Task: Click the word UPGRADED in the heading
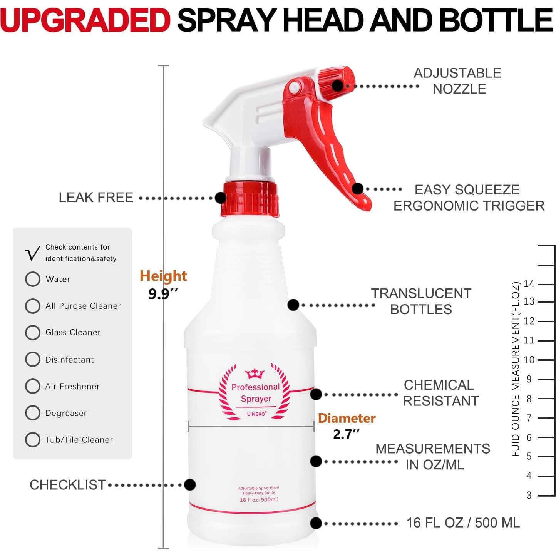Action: [85, 20]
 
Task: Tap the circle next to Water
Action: [33, 279]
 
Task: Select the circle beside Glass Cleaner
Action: [33, 333]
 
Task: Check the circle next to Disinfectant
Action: [33, 359]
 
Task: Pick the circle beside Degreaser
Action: [33, 413]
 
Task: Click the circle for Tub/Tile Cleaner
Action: [33, 440]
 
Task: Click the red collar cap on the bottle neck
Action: [250, 200]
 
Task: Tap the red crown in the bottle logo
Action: [255, 373]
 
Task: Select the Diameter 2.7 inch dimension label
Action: [347, 426]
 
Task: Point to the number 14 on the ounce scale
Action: [529, 284]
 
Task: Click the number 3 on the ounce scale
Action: [529, 495]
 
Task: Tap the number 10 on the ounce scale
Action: [529, 360]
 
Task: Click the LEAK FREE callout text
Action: [96, 198]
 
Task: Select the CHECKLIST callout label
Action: [68, 485]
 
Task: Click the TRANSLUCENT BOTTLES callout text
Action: [421, 301]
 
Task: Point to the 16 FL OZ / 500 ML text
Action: [463, 523]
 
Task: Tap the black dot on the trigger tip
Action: [358, 189]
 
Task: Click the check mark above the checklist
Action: [32, 254]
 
